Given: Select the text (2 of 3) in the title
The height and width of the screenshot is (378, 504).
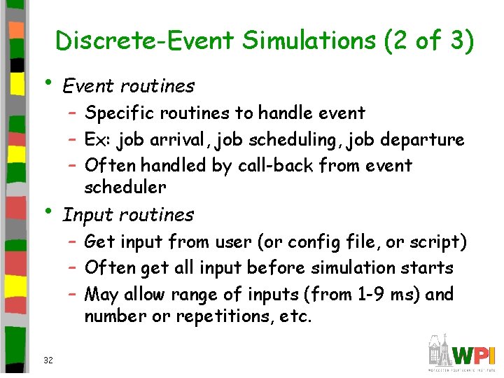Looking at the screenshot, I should coord(429,41).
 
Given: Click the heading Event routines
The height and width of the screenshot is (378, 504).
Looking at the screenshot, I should coord(129,86).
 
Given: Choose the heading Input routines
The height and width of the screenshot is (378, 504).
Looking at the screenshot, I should coord(128,215).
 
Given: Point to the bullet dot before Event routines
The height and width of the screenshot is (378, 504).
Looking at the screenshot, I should coord(46,83).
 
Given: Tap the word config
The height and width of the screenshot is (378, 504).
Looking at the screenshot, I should coord(332,241).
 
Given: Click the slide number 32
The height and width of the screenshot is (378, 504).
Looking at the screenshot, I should coord(48,360).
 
